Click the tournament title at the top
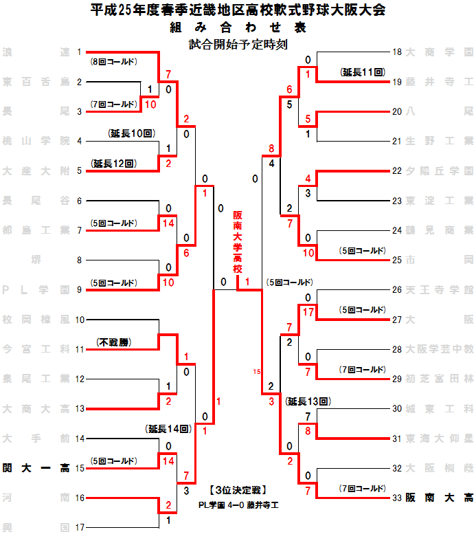pyautogui.click(x=238, y=10)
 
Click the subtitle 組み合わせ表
pyautogui.click(x=238, y=28)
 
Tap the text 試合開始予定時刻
pyautogui.click(x=238, y=45)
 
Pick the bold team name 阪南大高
pyautogui.click(x=439, y=497)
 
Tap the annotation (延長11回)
pyautogui.click(x=361, y=71)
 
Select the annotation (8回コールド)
pyautogui.click(x=115, y=62)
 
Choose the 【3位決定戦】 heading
pyautogui.click(x=237, y=491)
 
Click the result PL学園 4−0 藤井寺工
pyautogui.click(x=237, y=505)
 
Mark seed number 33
pyautogui.click(x=396, y=497)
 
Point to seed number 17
pyautogui.click(x=80, y=527)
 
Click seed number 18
pyautogui.click(x=396, y=52)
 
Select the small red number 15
pyautogui.click(x=257, y=372)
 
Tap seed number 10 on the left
pyautogui.click(x=80, y=320)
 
